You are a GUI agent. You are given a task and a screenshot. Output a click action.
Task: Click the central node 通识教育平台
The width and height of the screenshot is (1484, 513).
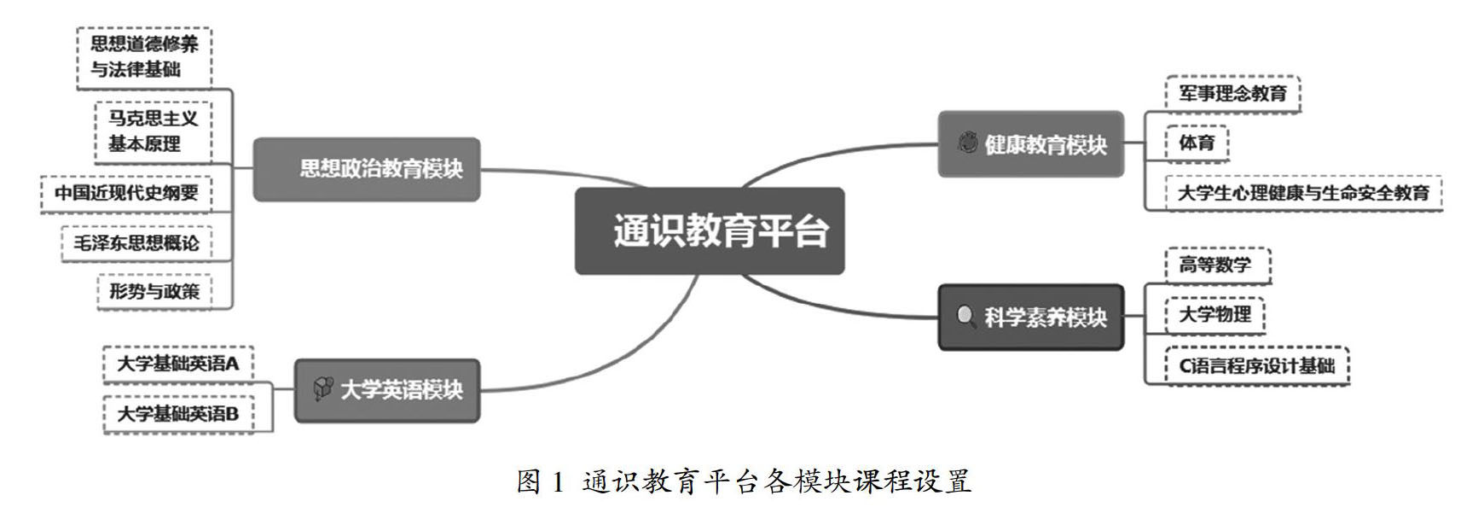(710, 231)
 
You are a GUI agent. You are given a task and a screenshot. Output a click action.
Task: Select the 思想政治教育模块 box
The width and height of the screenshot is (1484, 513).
(367, 169)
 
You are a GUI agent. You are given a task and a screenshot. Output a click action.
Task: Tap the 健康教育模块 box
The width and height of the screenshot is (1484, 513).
(1030, 144)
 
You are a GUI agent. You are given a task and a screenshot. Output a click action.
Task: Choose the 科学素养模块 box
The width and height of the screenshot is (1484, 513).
(1030, 318)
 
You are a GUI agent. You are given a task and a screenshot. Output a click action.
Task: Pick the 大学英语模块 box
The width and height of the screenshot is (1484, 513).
(387, 390)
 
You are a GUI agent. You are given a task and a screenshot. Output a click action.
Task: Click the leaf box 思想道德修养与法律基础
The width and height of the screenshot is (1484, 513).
(144, 57)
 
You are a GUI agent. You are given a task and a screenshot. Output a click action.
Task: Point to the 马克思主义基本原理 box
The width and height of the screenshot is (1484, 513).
(153, 131)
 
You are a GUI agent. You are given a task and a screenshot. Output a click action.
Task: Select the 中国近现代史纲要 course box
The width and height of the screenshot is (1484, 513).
(126, 193)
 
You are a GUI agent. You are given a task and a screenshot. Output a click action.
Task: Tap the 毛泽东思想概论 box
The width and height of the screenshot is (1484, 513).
(136, 243)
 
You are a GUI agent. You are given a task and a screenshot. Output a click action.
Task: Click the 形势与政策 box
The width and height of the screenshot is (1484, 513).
(154, 291)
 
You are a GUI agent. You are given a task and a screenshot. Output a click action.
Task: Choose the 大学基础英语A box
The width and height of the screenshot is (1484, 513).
(178, 364)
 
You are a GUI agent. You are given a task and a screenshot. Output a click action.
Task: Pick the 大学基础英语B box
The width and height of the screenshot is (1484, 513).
(178, 414)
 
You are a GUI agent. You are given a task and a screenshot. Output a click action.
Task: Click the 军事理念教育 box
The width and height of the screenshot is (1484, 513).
(1232, 93)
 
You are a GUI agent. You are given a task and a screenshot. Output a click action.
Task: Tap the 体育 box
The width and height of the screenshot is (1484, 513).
(1197, 143)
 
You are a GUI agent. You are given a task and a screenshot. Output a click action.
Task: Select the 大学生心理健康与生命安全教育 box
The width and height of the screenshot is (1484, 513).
(1303, 193)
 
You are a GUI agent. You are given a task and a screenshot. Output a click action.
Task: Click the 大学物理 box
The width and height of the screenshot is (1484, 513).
(1214, 315)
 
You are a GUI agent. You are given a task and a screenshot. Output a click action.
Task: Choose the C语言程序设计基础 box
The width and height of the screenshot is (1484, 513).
(1256, 366)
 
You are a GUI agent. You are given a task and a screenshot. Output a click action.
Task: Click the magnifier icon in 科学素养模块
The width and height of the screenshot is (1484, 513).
(965, 317)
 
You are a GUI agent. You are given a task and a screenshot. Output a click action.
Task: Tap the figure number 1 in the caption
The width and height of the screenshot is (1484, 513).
(558, 482)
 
